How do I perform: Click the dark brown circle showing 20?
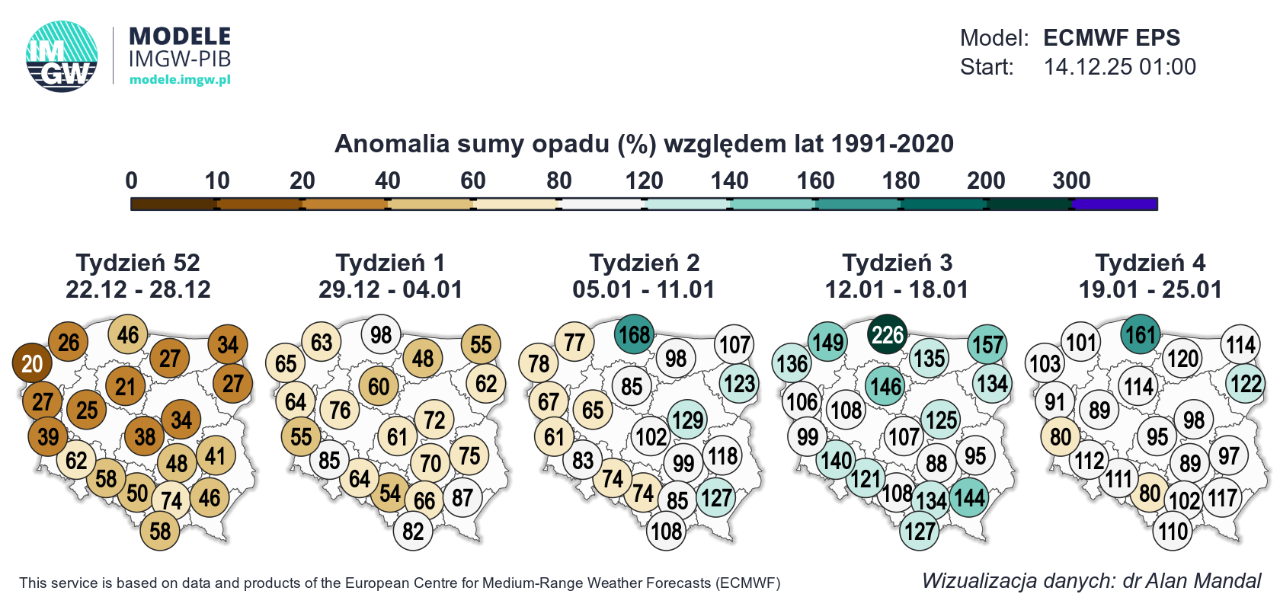[32, 363]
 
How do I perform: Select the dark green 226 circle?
[888, 334]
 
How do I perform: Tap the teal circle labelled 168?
[634, 334]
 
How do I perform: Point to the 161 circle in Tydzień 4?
[1141, 334]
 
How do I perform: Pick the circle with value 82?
[413, 531]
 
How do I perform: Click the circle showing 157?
[987, 344]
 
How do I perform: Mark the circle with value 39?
[48, 436]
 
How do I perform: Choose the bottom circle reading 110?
[1173, 531]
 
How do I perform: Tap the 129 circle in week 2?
[688, 420]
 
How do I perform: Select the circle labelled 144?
[969, 498]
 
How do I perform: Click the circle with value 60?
[379, 387]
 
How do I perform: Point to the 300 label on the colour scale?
[1071, 180]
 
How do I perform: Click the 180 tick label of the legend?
[901, 180]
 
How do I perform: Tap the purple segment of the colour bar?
[1115, 204]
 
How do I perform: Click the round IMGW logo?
[62, 56]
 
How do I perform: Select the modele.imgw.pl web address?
[180, 80]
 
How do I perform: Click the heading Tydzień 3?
[897, 263]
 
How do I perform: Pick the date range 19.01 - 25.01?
[1150, 289]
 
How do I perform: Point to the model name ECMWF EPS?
[1111, 37]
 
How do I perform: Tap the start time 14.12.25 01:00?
[1119, 67]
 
